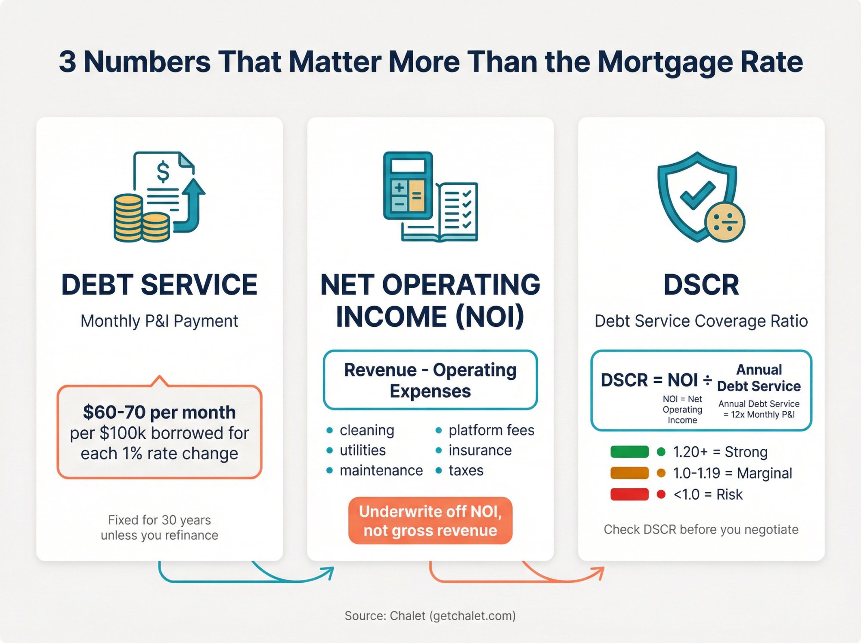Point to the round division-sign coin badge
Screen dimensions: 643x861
(x=725, y=222)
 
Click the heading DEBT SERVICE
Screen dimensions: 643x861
(x=159, y=285)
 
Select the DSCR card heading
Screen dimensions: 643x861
(x=701, y=285)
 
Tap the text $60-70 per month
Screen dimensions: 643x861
(x=159, y=412)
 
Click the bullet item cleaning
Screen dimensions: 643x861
(x=367, y=430)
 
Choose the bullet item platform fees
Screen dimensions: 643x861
(x=491, y=430)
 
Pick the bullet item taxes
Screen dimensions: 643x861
(x=466, y=470)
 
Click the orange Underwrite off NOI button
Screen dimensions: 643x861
(x=430, y=521)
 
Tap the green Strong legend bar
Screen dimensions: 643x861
(x=629, y=452)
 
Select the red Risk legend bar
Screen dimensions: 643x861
(x=629, y=494)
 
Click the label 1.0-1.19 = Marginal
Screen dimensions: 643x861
(x=732, y=473)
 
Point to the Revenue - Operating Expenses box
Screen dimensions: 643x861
(x=430, y=380)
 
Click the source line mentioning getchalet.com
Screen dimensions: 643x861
(x=430, y=615)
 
